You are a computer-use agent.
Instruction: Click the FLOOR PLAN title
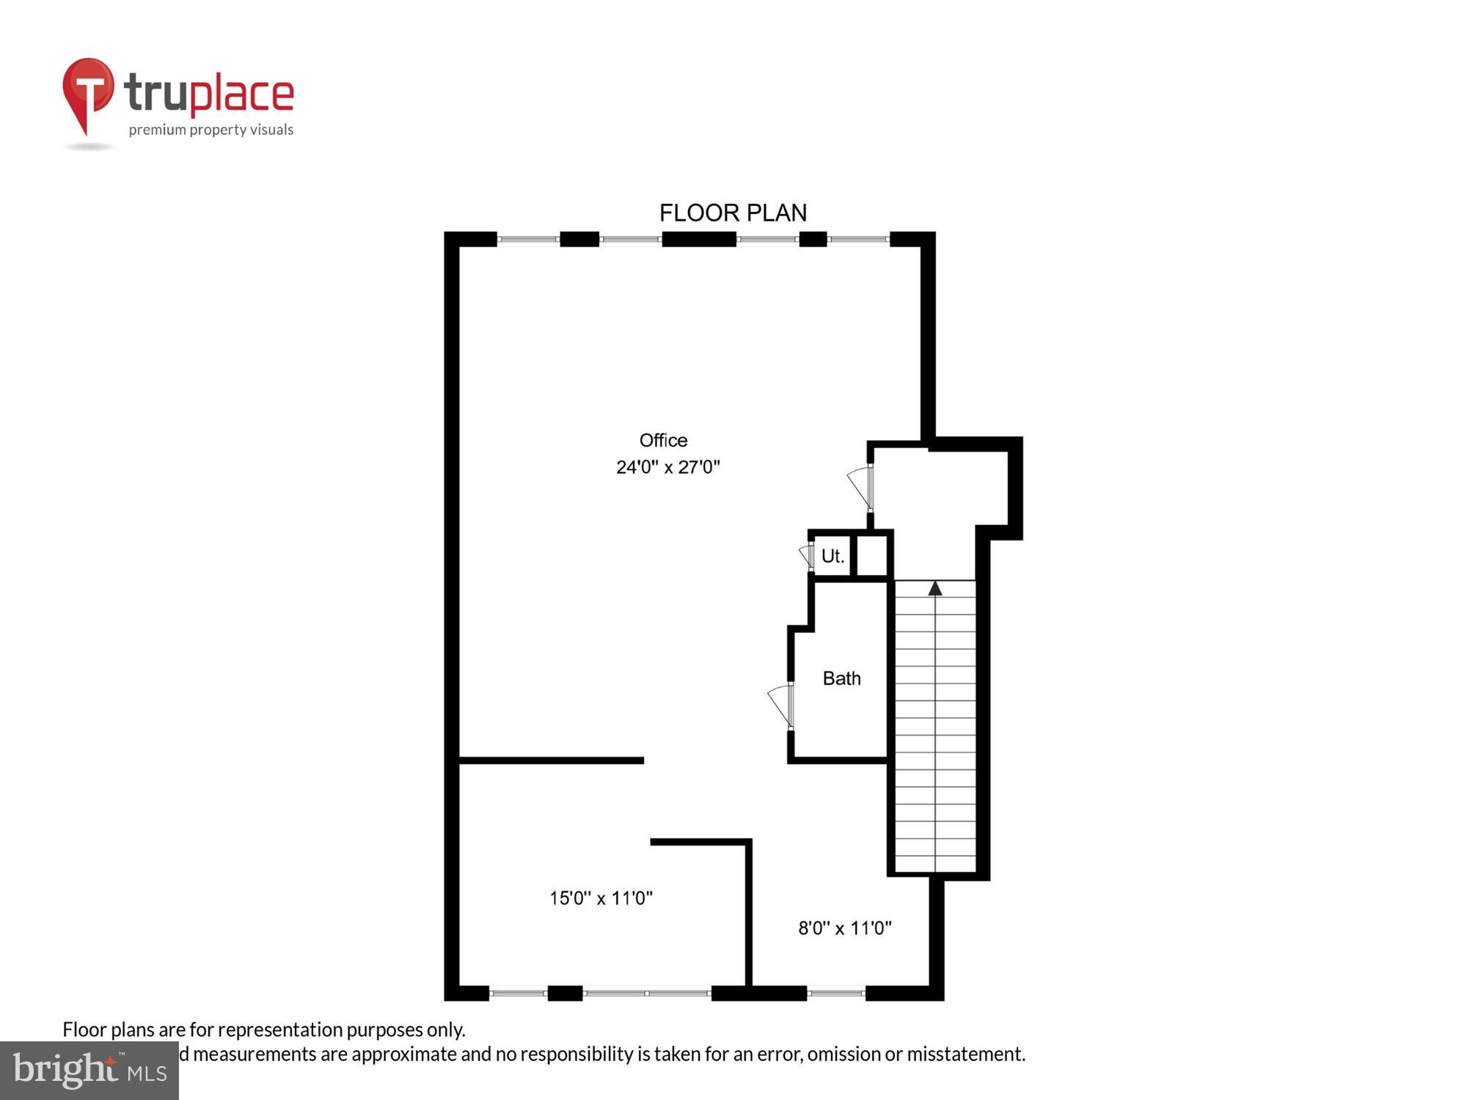(x=733, y=213)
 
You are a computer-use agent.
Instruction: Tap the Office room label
(x=663, y=440)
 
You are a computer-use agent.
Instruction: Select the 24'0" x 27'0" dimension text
(x=667, y=467)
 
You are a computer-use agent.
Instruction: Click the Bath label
(x=841, y=678)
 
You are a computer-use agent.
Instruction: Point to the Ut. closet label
(x=833, y=556)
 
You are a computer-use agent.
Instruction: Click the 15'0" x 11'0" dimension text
(x=601, y=898)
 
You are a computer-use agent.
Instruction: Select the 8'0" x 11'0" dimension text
(x=844, y=928)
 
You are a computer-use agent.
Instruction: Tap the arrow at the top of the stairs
(x=934, y=588)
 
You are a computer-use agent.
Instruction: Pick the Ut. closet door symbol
(x=807, y=556)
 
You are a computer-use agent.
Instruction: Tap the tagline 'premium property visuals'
(x=211, y=130)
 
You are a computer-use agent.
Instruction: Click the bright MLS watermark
(x=89, y=1070)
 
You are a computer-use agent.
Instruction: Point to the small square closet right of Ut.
(x=871, y=556)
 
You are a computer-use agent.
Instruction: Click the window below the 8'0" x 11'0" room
(x=836, y=993)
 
